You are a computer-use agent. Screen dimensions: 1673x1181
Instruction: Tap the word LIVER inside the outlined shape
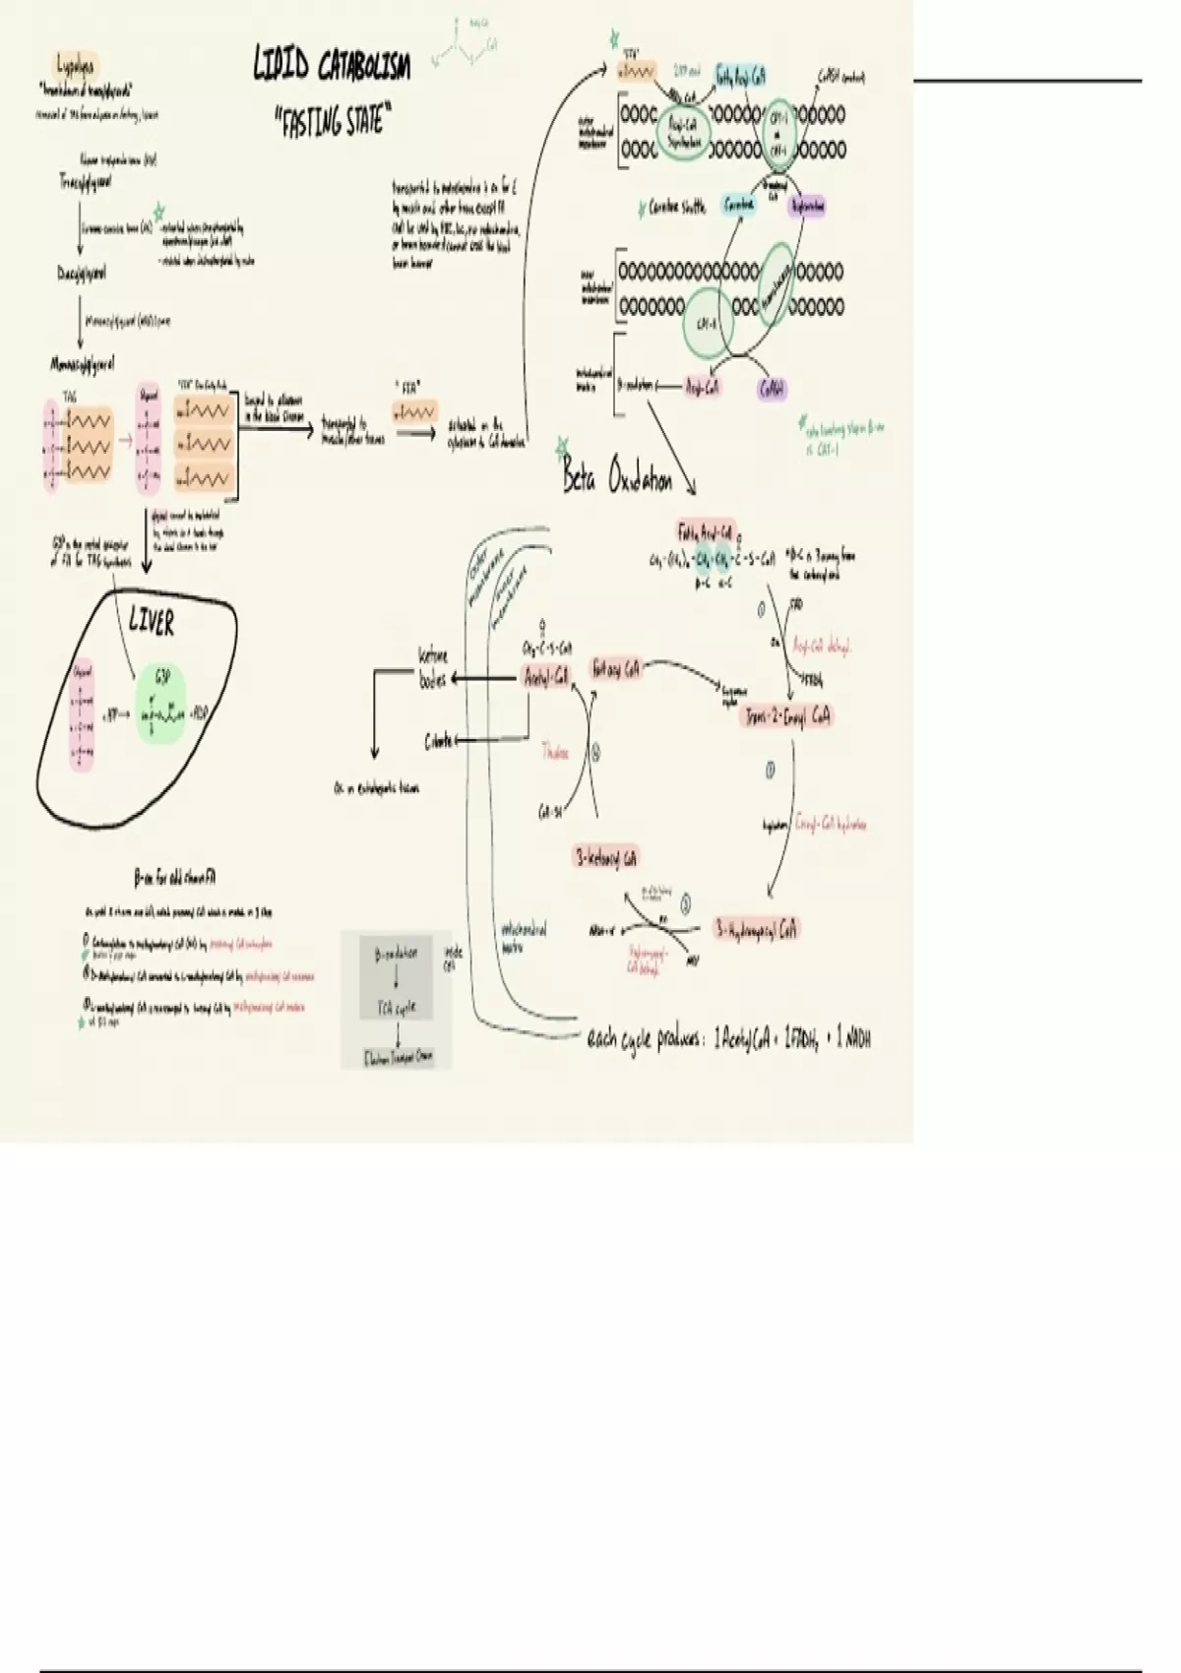coord(153,622)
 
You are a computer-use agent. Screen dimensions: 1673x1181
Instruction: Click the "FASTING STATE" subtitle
coord(330,122)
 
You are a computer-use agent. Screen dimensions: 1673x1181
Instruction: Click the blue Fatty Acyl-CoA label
coord(739,76)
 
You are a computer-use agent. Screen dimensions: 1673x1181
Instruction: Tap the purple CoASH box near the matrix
coord(772,389)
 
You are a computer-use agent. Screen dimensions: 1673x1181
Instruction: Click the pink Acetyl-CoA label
coord(545,677)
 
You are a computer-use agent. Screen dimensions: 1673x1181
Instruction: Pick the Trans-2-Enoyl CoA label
coord(787,715)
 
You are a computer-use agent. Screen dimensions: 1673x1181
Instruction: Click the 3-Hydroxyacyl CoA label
coord(757,928)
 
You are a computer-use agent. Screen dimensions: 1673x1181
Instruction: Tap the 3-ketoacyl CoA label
coord(606,857)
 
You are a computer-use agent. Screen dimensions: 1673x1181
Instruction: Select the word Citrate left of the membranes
coord(439,741)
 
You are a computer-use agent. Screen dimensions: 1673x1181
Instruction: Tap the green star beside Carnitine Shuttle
coord(642,208)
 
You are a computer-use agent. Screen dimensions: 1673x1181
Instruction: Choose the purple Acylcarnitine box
coord(805,206)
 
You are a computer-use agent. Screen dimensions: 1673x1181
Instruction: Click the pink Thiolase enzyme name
coord(556,753)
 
